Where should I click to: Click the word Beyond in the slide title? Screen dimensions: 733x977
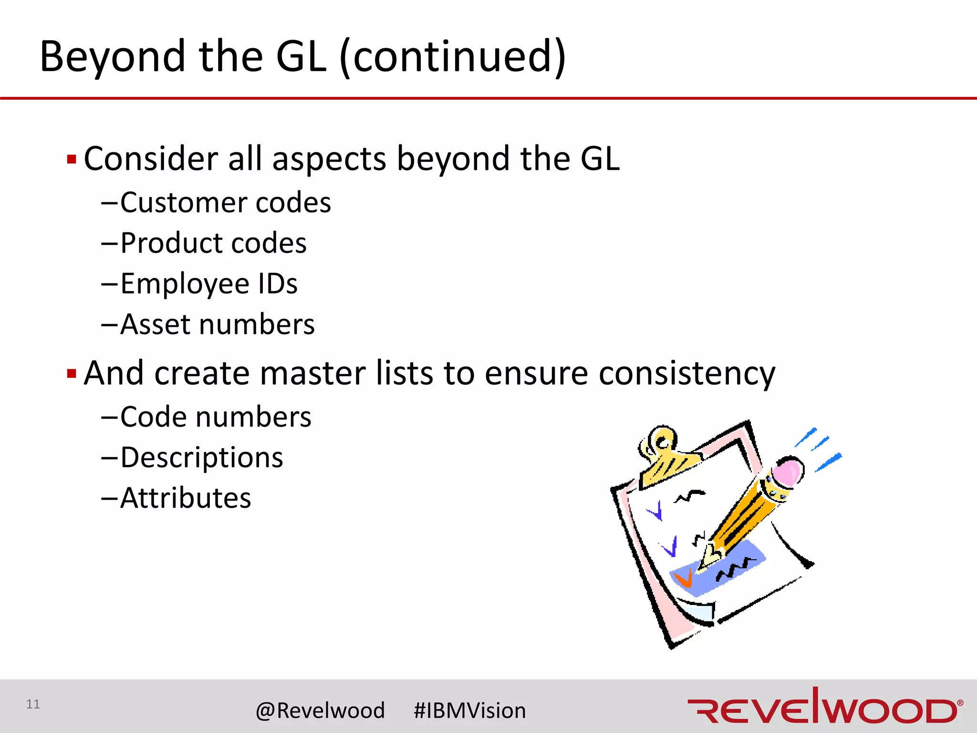pyautogui.click(x=112, y=57)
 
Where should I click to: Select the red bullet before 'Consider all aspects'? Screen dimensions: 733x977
pyautogui.click(x=72, y=159)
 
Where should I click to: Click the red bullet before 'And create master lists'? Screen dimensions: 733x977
pyautogui.click(x=72, y=373)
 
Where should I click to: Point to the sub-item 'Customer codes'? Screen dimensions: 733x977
pyautogui.click(x=225, y=203)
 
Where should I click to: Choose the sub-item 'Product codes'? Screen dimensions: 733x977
pyautogui.click(x=213, y=243)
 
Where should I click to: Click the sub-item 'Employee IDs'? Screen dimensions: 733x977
pyautogui.click(x=208, y=284)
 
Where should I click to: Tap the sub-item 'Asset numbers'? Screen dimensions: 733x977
pyautogui.click(x=217, y=325)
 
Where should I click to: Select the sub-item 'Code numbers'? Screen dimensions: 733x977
pyautogui.click(x=216, y=417)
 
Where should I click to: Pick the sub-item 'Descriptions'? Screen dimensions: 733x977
pyautogui.click(x=201, y=458)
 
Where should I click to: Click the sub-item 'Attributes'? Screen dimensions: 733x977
pyautogui.click(x=186, y=498)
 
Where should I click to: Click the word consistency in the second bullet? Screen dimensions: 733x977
pyautogui.click(x=687, y=373)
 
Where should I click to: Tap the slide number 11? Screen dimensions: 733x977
pyautogui.click(x=33, y=704)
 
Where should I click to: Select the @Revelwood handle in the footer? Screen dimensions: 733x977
pyautogui.click(x=320, y=711)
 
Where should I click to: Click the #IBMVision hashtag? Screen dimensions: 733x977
pyautogui.click(x=469, y=711)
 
